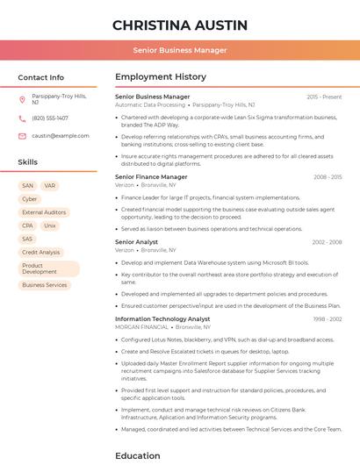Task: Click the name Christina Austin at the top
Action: click(180, 25)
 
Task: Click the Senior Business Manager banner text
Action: click(180, 50)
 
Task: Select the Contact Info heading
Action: click(41, 77)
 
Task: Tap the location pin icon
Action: click(22, 99)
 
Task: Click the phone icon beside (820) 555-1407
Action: click(22, 118)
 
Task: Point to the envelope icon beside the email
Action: click(22, 136)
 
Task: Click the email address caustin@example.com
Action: click(61, 136)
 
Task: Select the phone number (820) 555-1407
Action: click(50, 118)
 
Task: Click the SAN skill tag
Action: click(27, 186)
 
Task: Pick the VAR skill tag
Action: click(50, 186)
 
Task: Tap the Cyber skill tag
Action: click(30, 199)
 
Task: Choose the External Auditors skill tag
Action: click(44, 212)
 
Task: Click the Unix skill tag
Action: click(50, 225)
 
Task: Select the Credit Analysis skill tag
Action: click(41, 253)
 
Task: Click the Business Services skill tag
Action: click(45, 285)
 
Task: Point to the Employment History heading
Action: click(161, 77)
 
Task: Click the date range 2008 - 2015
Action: click(328, 177)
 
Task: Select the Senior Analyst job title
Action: click(137, 241)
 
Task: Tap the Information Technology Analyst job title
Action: click(162, 319)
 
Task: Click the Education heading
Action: click(138, 456)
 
